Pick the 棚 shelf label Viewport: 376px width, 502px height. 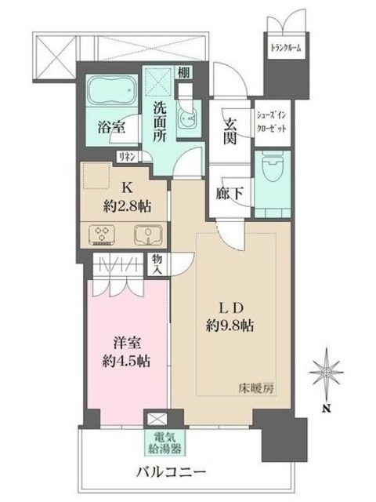point(183,72)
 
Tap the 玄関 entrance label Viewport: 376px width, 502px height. point(231,130)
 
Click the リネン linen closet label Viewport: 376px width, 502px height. point(128,157)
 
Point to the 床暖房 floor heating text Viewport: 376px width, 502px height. point(258,387)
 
